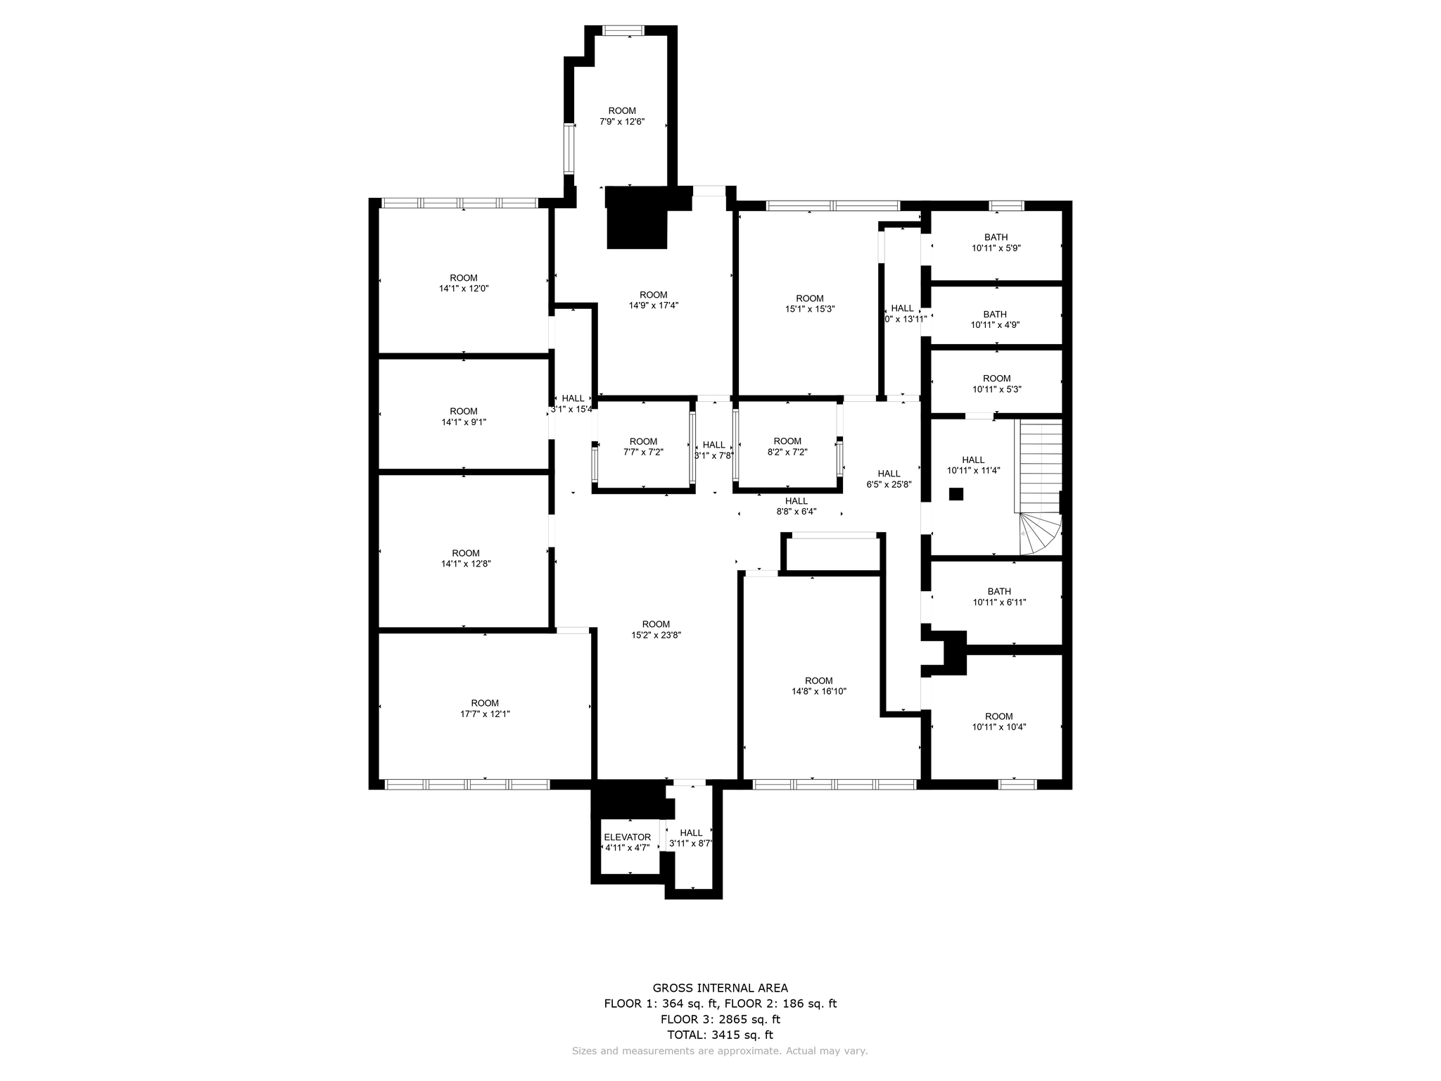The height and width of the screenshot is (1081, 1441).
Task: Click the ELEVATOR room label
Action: coord(627,837)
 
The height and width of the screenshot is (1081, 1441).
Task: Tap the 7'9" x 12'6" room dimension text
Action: coord(622,122)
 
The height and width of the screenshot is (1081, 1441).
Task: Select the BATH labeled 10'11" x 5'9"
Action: coord(996,243)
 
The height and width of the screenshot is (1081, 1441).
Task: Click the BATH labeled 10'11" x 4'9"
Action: coord(995,320)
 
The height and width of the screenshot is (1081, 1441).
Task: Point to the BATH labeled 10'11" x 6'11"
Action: coord(999,597)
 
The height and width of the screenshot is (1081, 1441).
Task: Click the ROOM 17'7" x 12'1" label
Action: coord(485,708)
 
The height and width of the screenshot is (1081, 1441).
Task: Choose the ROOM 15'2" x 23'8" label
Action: coord(656,629)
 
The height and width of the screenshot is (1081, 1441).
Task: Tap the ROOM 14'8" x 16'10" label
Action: coord(818,685)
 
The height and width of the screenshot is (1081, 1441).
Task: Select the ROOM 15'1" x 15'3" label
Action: coord(810,303)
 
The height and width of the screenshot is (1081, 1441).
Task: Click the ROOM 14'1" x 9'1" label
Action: coord(464,417)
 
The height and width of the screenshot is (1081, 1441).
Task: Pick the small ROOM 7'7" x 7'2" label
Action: coord(643,447)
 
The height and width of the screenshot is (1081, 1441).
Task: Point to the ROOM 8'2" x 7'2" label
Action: coord(787,447)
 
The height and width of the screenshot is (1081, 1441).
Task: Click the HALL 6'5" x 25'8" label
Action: coord(889,479)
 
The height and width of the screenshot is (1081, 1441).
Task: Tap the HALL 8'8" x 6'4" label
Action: coord(796,506)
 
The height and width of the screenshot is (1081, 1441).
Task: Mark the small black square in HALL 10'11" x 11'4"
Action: coord(956,494)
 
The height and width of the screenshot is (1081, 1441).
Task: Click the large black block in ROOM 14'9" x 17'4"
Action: coord(637,218)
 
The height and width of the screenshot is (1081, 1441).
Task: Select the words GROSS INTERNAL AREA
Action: coord(720,988)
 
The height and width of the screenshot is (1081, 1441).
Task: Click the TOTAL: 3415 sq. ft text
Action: coord(720,1035)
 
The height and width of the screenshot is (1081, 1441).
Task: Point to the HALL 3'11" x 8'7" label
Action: coord(691,837)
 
